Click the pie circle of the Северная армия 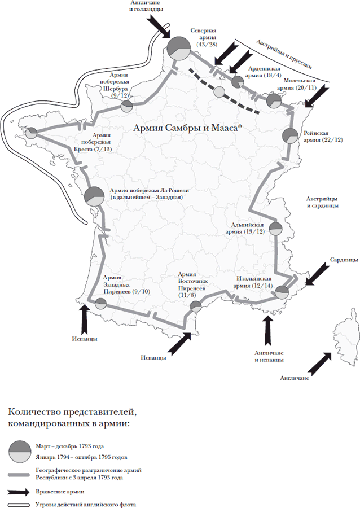coord(178,49)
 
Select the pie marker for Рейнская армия coord(290,136)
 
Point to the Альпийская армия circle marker coord(276,229)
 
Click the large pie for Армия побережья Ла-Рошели coord(94,196)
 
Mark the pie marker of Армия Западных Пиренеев coord(100,304)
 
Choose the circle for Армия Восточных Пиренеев coord(196,306)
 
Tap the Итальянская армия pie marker coord(282,292)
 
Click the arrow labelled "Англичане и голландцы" coord(159,28)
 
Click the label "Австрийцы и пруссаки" coord(284,54)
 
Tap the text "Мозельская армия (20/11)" coord(296,84)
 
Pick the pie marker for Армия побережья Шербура coord(126,106)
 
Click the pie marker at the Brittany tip coord(32,133)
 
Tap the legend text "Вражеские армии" coord(60,492)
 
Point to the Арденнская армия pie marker coord(238,82)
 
